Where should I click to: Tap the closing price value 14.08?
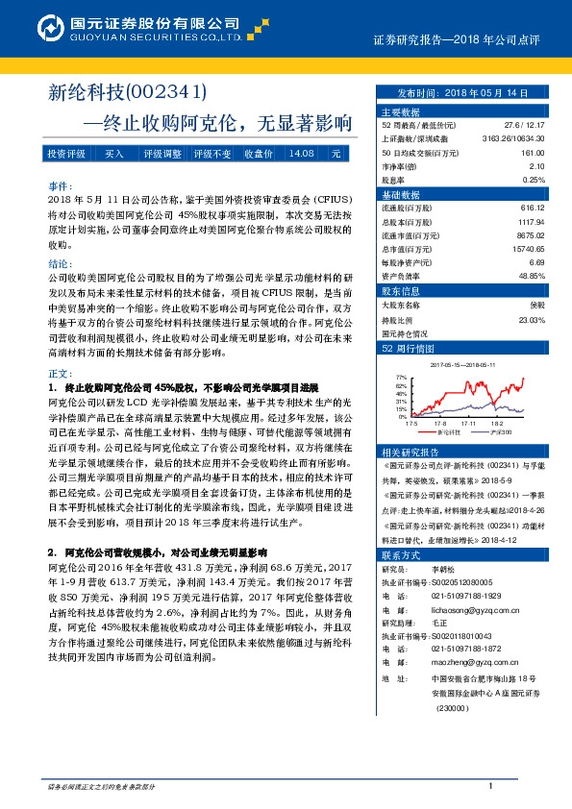click(x=302, y=154)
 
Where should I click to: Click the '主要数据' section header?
click(x=401, y=111)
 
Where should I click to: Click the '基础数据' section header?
click(x=401, y=194)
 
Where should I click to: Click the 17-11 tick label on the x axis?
click(x=469, y=422)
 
